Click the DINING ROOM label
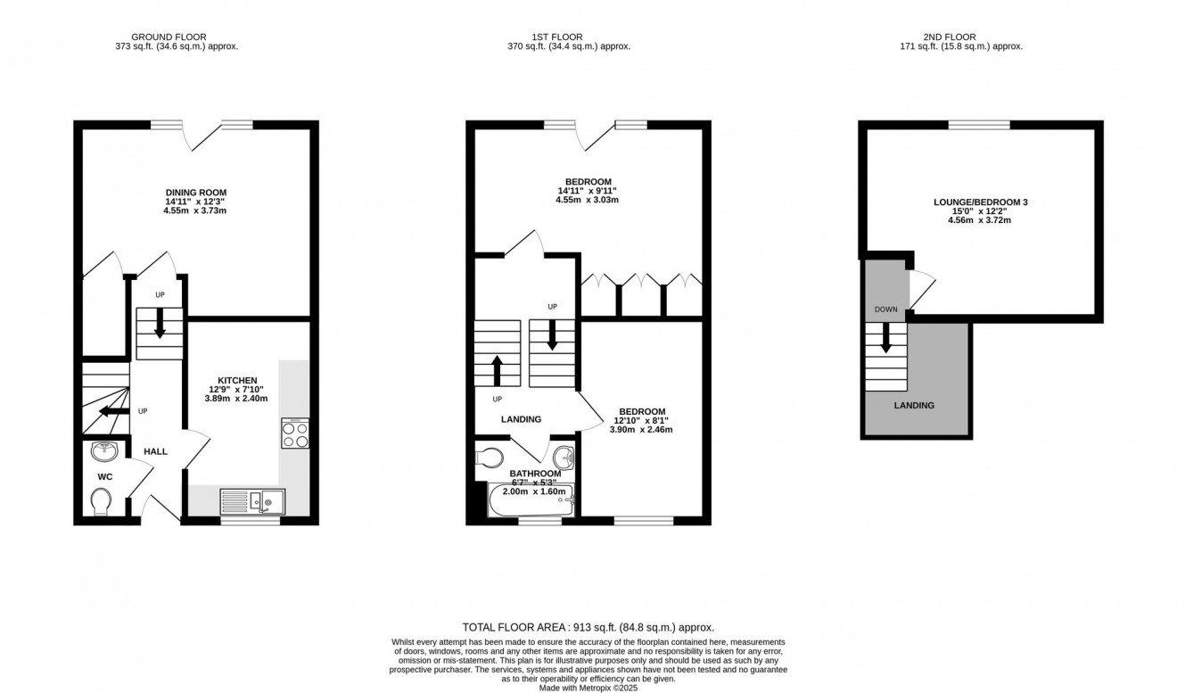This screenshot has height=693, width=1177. (196, 193)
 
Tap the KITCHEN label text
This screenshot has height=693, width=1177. (237, 380)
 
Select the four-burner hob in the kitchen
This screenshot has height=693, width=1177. (295, 433)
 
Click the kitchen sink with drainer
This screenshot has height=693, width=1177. (252, 502)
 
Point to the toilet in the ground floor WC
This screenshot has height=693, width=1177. (101, 502)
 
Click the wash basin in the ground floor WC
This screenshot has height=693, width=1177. (104, 450)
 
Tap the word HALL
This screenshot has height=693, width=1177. (155, 451)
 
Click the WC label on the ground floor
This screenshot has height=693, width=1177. (105, 477)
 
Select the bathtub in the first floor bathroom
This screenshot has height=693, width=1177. (531, 500)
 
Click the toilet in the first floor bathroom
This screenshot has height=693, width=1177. (490, 458)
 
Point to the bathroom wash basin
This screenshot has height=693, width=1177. (564, 458)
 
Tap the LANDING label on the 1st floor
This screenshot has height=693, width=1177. (521, 419)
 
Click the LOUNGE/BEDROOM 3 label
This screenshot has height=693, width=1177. (981, 202)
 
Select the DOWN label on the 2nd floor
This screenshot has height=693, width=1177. (886, 309)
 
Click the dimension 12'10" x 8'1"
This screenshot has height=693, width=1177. (641, 420)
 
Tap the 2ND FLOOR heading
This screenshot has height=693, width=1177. (950, 37)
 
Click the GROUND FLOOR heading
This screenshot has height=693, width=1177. (169, 37)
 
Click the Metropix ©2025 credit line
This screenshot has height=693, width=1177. (588, 688)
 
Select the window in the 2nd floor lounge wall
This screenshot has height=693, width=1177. (979, 125)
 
